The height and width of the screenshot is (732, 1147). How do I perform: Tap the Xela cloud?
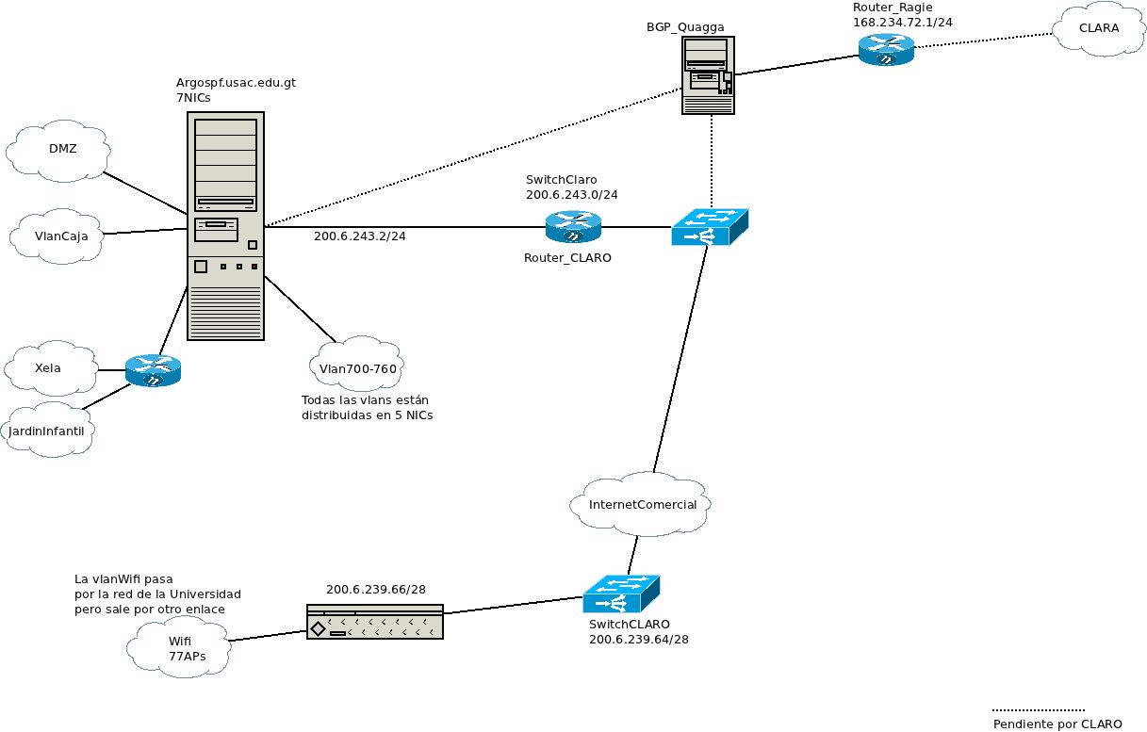[x=49, y=368]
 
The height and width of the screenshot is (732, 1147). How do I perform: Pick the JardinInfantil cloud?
[x=53, y=431]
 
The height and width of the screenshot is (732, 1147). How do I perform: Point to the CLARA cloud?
[x=1098, y=28]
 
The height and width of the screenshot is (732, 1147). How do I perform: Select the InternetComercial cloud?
[x=642, y=505]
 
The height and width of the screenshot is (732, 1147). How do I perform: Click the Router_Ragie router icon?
[x=886, y=49]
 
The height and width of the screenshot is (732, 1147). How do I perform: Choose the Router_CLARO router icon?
[x=572, y=227]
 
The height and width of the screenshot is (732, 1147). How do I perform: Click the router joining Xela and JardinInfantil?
[x=152, y=370]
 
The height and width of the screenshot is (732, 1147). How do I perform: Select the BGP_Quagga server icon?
[x=708, y=75]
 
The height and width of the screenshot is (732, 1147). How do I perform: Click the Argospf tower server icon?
[x=225, y=225]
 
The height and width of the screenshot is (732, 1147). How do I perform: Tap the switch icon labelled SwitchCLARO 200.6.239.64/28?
[x=620, y=594]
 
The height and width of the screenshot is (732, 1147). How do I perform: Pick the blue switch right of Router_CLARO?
[x=709, y=227]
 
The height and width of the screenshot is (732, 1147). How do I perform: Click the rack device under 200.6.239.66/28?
[x=374, y=622]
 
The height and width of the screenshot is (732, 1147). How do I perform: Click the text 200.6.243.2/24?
[x=359, y=236]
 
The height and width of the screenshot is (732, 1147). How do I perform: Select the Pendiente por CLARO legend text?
[x=1057, y=724]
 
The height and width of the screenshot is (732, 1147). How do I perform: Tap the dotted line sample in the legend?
[x=1038, y=710]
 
